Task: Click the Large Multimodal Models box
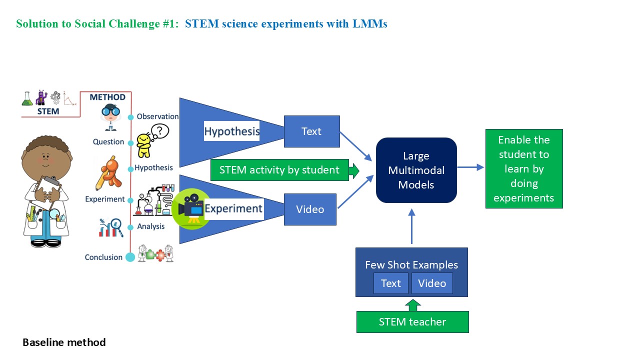click(x=416, y=170)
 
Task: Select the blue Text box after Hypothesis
click(x=311, y=131)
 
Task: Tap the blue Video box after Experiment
click(x=310, y=209)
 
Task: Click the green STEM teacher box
click(x=412, y=322)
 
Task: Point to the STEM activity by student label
click(x=279, y=170)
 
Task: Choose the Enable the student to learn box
click(x=523, y=169)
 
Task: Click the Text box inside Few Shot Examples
click(x=390, y=283)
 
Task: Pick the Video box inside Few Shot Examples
click(x=432, y=283)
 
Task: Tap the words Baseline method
click(x=64, y=342)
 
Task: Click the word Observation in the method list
click(x=157, y=116)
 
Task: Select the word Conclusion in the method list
click(x=103, y=257)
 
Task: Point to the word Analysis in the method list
click(x=151, y=226)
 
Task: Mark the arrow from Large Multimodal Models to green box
click(x=470, y=167)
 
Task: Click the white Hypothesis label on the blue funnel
click(x=231, y=131)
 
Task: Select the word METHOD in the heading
click(x=107, y=97)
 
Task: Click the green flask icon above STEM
click(x=27, y=98)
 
